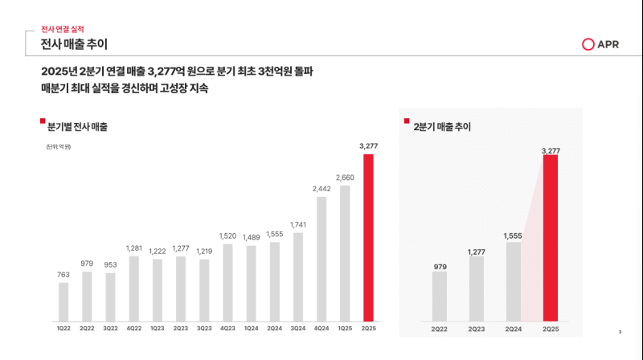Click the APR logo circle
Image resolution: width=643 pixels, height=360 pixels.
pos(588,44)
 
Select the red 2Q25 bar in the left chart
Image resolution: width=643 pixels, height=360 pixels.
pos(368,237)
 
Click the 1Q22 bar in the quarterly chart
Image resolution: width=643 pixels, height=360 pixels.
pos(63,301)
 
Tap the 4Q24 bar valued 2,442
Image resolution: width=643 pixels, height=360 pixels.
pos(321,258)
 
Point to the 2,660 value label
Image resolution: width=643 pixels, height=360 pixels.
pos(345,178)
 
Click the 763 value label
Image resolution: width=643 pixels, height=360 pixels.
pos(63,275)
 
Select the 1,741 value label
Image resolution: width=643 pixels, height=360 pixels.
pos(298,225)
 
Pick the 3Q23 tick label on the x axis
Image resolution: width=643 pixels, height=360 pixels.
pos(204,328)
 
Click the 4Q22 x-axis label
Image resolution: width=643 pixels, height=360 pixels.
pos(133,328)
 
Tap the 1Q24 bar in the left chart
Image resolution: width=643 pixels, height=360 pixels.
pos(251,283)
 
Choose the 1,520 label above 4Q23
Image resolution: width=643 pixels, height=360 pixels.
pos(227,236)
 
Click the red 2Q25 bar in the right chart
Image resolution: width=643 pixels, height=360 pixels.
pos(551,238)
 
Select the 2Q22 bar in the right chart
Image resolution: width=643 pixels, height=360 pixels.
pos(439,297)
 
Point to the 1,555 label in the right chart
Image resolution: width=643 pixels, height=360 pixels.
pos(513,235)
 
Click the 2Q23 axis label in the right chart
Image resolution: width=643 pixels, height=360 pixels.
pos(477,329)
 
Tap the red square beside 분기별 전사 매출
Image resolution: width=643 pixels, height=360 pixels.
pos(43,121)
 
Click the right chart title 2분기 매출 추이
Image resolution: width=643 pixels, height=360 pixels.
pos(442,127)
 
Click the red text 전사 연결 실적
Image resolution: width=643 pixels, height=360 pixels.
pos(62,29)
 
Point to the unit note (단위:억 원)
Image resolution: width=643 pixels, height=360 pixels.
pos(59,146)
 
